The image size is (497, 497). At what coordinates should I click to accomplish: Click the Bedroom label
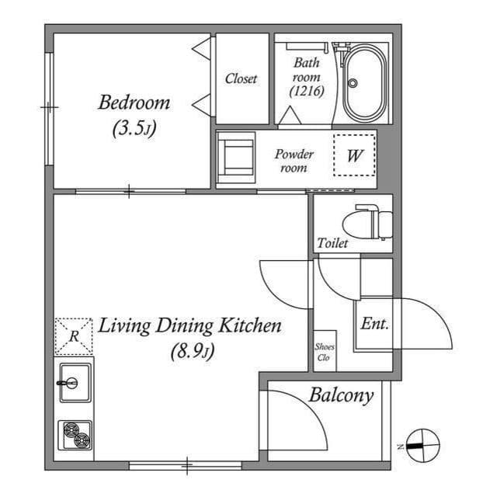point(134,103)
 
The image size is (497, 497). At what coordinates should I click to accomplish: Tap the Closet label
point(241,78)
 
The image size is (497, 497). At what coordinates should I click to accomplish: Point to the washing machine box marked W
point(355,155)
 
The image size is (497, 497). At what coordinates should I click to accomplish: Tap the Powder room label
point(294,161)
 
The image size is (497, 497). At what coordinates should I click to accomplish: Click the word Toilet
point(332,243)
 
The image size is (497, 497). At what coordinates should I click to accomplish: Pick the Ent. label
point(374,324)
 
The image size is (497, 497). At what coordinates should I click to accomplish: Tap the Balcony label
point(341,395)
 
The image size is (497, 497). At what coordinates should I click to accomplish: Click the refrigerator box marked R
point(74,336)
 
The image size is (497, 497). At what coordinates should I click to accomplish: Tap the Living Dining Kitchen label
point(189,325)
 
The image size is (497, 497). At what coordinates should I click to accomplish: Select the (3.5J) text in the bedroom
point(134,129)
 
